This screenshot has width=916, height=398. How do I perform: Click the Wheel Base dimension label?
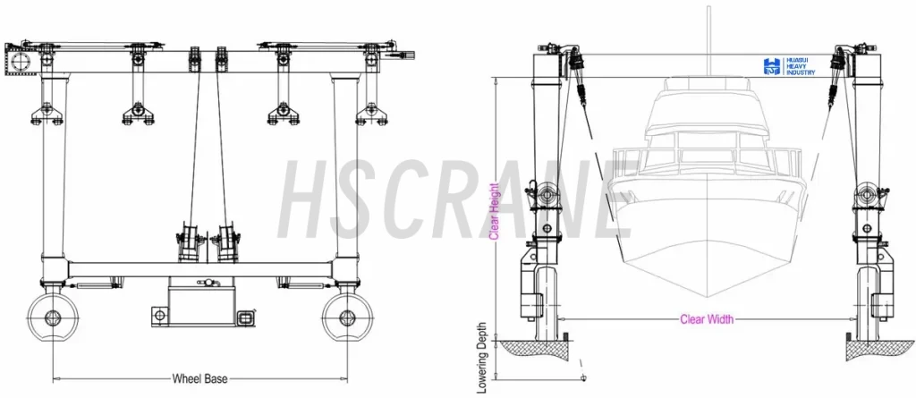coord(199,378)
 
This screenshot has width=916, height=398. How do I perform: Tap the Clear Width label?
coord(707,319)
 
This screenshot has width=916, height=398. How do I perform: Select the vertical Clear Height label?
coord(494,212)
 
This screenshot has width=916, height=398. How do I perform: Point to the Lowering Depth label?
coord(482,358)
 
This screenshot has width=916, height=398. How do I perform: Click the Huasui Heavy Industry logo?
coord(789,66)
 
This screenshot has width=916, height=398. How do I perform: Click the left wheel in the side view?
coord(53,318)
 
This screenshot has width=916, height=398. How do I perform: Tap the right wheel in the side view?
coord(346,318)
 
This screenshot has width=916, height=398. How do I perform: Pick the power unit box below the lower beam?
coord(201,302)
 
